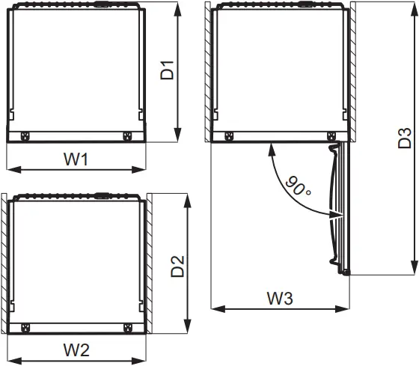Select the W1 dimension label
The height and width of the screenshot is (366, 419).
76,159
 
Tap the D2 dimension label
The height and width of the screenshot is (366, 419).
177,266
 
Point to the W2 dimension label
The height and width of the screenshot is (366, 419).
76,349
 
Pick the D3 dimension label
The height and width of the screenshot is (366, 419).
403,138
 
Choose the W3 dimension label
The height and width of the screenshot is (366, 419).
280,298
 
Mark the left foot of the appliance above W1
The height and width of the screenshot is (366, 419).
25,136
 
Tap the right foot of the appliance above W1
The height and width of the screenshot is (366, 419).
126,136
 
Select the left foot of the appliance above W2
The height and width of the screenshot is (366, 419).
25,327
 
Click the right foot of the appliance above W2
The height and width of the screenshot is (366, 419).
126,327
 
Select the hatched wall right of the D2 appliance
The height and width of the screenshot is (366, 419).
150,262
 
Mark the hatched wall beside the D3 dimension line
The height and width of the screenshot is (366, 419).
349,71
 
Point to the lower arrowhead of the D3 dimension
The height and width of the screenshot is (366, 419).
413,271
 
